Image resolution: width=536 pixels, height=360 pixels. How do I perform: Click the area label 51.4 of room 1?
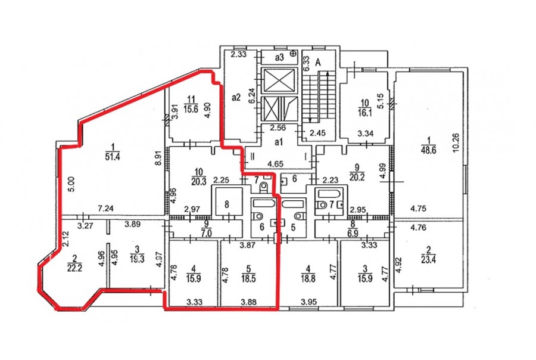click(x=113, y=157)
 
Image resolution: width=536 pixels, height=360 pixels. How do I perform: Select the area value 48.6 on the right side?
click(x=429, y=150)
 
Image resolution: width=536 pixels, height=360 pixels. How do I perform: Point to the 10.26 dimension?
click(x=456, y=142)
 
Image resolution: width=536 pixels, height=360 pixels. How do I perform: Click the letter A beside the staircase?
click(x=318, y=62)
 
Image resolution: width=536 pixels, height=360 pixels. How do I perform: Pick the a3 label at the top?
click(x=279, y=57)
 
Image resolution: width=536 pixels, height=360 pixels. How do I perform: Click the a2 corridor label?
click(x=236, y=98)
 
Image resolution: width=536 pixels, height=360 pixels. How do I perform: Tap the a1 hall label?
click(x=279, y=142)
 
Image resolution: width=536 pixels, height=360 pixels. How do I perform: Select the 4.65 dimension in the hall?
click(x=275, y=164)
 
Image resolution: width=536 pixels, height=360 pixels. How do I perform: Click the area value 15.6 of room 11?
click(x=191, y=109)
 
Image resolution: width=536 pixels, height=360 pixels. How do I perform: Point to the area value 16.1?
click(x=364, y=113)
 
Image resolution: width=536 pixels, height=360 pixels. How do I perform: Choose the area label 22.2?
click(x=74, y=268)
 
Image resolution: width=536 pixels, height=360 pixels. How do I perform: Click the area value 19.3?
click(x=137, y=259)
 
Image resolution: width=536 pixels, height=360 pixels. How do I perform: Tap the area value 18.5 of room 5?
click(x=248, y=278)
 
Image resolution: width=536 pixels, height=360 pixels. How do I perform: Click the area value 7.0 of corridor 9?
click(x=206, y=234)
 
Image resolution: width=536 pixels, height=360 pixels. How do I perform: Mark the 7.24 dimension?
click(x=105, y=208)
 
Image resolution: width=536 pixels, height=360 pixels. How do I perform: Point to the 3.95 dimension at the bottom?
click(x=308, y=302)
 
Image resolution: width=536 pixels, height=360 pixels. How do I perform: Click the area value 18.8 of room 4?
click(x=308, y=278)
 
